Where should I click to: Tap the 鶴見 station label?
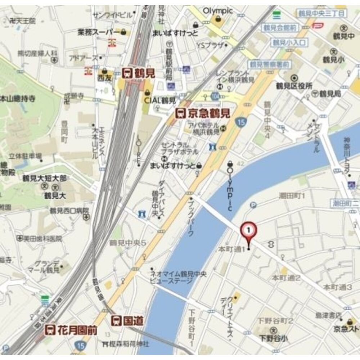pyautogui.click(x=139, y=73)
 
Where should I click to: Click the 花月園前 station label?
pyautogui.click(x=72, y=330)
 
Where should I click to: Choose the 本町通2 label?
pyautogui.click(x=286, y=278)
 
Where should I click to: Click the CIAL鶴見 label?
pyautogui.click(x=159, y=100)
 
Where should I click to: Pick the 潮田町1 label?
pyautogui.click(x=292, y=196)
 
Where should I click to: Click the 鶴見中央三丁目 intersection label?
pyautogui.click(x=321, y=13)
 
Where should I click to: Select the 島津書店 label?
pyautogui.click(x=328, y=316)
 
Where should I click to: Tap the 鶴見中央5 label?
pyautogui.click(x=128, y=243)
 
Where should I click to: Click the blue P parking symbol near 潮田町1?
pyautogui.click(x=253, y=205)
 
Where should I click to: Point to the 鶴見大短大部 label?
pyautogui.click(x=50, y=178)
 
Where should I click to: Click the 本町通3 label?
pyautogui.click(x=337, y=287)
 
